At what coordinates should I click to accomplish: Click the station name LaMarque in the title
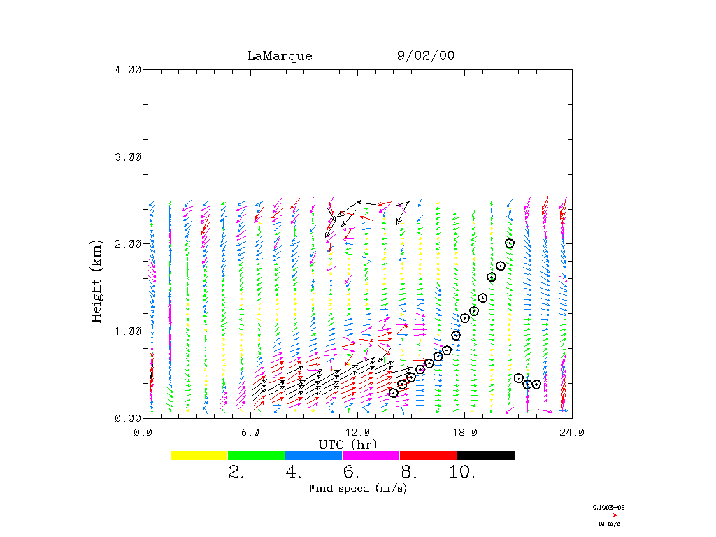pyautogui.click(x=279, y=56)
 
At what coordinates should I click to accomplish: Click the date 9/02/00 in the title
pyautogui.click(x=425, y=56)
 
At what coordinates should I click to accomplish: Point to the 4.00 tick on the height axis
pyautogui.click(x=128, y=69)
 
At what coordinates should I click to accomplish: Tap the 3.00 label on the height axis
pyautogui.click(x=128, y=157)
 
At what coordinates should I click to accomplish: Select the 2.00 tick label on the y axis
pyautogui.click(x=128, y=244)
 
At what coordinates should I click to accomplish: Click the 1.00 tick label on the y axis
pyautogui.click(x=128, y=331)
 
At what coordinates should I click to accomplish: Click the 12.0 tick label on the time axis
pyautogui.click(x=357, y=432)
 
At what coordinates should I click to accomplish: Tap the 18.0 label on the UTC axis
pyautogui.click(x=464, y=432)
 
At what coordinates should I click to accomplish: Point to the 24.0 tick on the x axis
pyautogui.click(x=571, y=432)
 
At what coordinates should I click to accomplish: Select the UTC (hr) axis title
pyautogui.click(x=348, y=444)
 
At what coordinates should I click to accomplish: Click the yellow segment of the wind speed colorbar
pyautogui.click(x=199, y=455)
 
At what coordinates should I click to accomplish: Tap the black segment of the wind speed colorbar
pyautogui.click(x=485, y=455)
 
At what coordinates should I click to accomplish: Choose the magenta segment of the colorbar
pyautogui.click(x=371, y=455)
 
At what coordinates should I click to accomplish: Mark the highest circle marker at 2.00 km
pyautogui.click(x=510, y=243)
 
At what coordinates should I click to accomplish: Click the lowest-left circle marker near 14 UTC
pyautogui.click(x=394, y=393)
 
